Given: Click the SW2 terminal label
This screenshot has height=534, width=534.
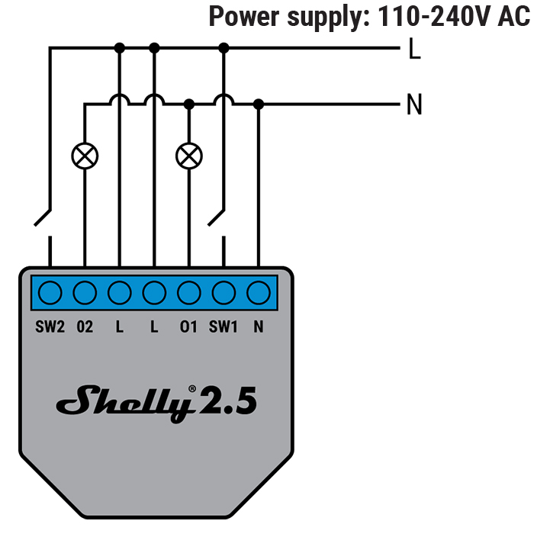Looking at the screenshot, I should tap(50, 327).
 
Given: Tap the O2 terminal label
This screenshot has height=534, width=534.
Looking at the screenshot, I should tap(85, 327).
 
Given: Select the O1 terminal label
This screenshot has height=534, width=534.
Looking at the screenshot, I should tap(188, 327).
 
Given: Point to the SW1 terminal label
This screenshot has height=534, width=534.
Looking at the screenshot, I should tap(224, 327).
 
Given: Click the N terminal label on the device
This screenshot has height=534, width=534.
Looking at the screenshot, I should tap(259, 327).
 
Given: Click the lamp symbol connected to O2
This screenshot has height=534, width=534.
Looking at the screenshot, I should tap(85, 156).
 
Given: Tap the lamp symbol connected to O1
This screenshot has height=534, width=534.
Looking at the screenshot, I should tap(188, 156).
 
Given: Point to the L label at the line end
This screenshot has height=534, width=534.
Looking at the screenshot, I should tap(414, 50).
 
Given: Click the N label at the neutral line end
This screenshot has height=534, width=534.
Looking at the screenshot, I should tap(414, 105).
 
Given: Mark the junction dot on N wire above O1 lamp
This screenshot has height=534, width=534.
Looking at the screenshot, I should tap(188, 104).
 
